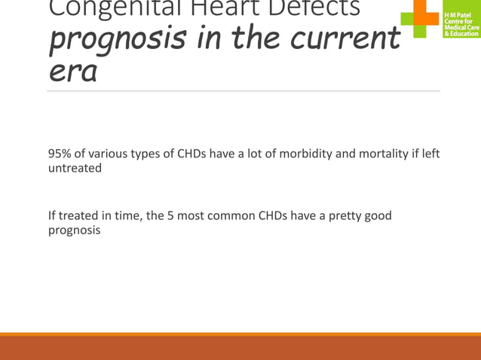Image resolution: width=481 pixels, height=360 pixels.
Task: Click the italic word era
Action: click(x=72, y=74)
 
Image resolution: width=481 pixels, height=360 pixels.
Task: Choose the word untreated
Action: click(x=75, y=169)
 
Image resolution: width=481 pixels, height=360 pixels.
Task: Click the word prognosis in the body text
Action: click(x=74, y=230)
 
